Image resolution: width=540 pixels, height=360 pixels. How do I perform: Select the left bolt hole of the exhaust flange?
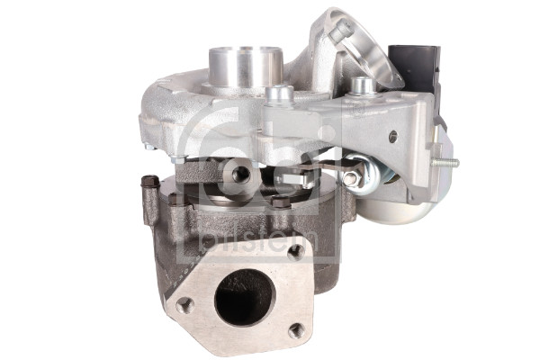184,306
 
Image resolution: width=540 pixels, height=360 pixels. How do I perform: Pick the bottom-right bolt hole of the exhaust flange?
295,330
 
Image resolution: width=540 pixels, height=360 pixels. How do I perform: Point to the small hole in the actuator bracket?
391,136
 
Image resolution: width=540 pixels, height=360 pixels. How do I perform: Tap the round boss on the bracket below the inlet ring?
362,86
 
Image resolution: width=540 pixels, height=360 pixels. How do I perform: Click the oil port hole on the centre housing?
240,172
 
